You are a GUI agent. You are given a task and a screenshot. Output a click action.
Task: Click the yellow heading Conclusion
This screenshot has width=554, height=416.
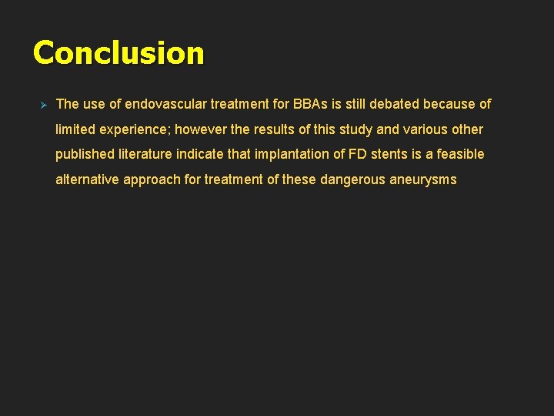(118, 53)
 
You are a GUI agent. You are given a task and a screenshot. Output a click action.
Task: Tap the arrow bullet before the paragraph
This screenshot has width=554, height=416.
(44, 104)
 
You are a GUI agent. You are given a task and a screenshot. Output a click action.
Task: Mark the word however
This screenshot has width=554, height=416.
(197, 129)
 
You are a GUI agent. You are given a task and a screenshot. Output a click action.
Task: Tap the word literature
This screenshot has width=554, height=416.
(145, 154)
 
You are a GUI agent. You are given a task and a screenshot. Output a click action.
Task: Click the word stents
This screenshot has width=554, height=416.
(390, 154)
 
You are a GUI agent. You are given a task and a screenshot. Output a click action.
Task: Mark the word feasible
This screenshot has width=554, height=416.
(460, 154)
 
